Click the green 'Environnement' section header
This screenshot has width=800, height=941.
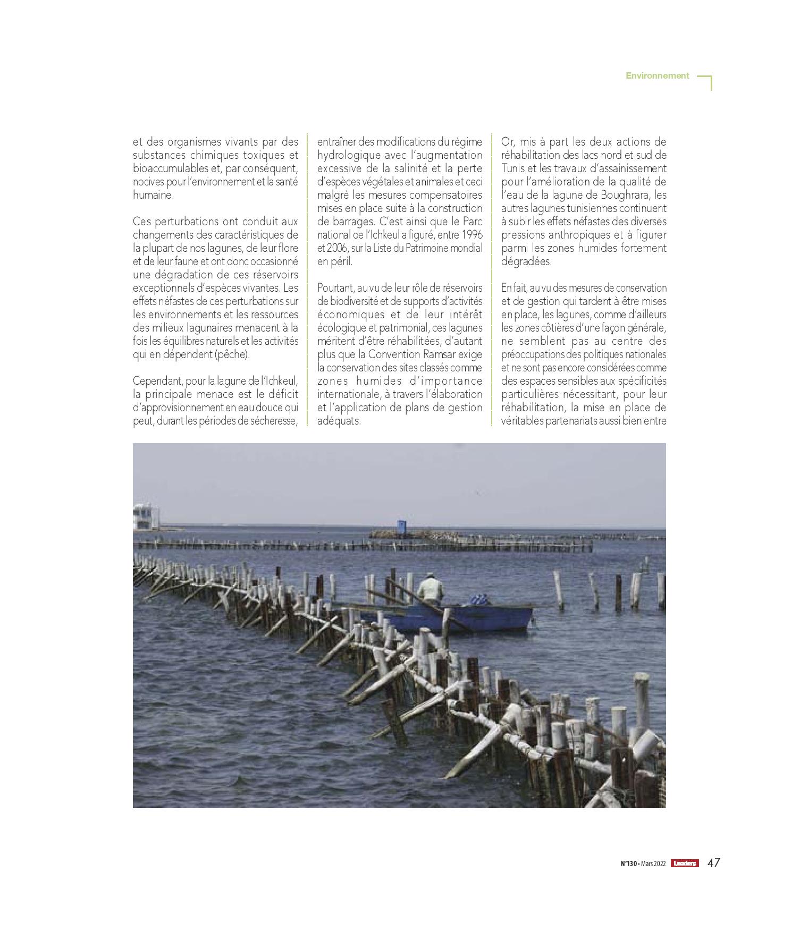click(x=657, y=75)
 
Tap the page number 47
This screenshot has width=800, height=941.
click(x=713, y=863)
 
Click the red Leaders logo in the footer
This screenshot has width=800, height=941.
click(x=684, y=863)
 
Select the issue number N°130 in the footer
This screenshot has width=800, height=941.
click(x=629, y=864)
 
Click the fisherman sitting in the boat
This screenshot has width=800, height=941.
click(x=430, y=591)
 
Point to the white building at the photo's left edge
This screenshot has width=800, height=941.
click(x=146, y=518)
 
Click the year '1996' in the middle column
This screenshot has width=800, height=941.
click(x=472, y=235)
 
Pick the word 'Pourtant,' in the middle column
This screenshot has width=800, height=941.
click(x=336, y=288)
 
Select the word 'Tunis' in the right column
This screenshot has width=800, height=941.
click(x=513, y=168)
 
